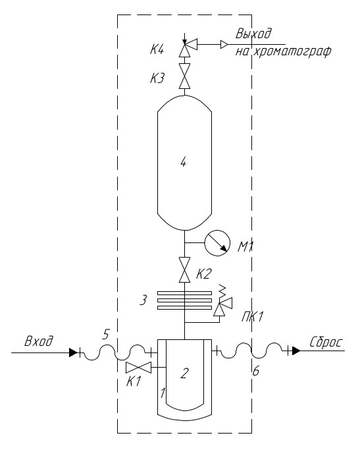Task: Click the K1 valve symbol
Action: point(138,368)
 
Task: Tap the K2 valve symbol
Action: point(184,269)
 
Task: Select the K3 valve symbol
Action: point(184,76)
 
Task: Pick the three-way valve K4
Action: point(188,47)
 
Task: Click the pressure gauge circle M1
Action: point(217,243)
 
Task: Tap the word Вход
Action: point(39,341)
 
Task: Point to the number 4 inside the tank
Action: point(184,163)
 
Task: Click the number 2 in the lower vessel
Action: point(184,374)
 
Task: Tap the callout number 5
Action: point(107,334)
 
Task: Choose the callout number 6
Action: point(255,371)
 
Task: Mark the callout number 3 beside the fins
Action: point(143,300)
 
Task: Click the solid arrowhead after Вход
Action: point(73,352)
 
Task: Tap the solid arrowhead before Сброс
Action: point(296,351)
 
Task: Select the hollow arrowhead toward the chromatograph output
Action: point(224,45)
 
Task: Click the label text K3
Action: point(157,78)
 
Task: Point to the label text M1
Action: point(245,247)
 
